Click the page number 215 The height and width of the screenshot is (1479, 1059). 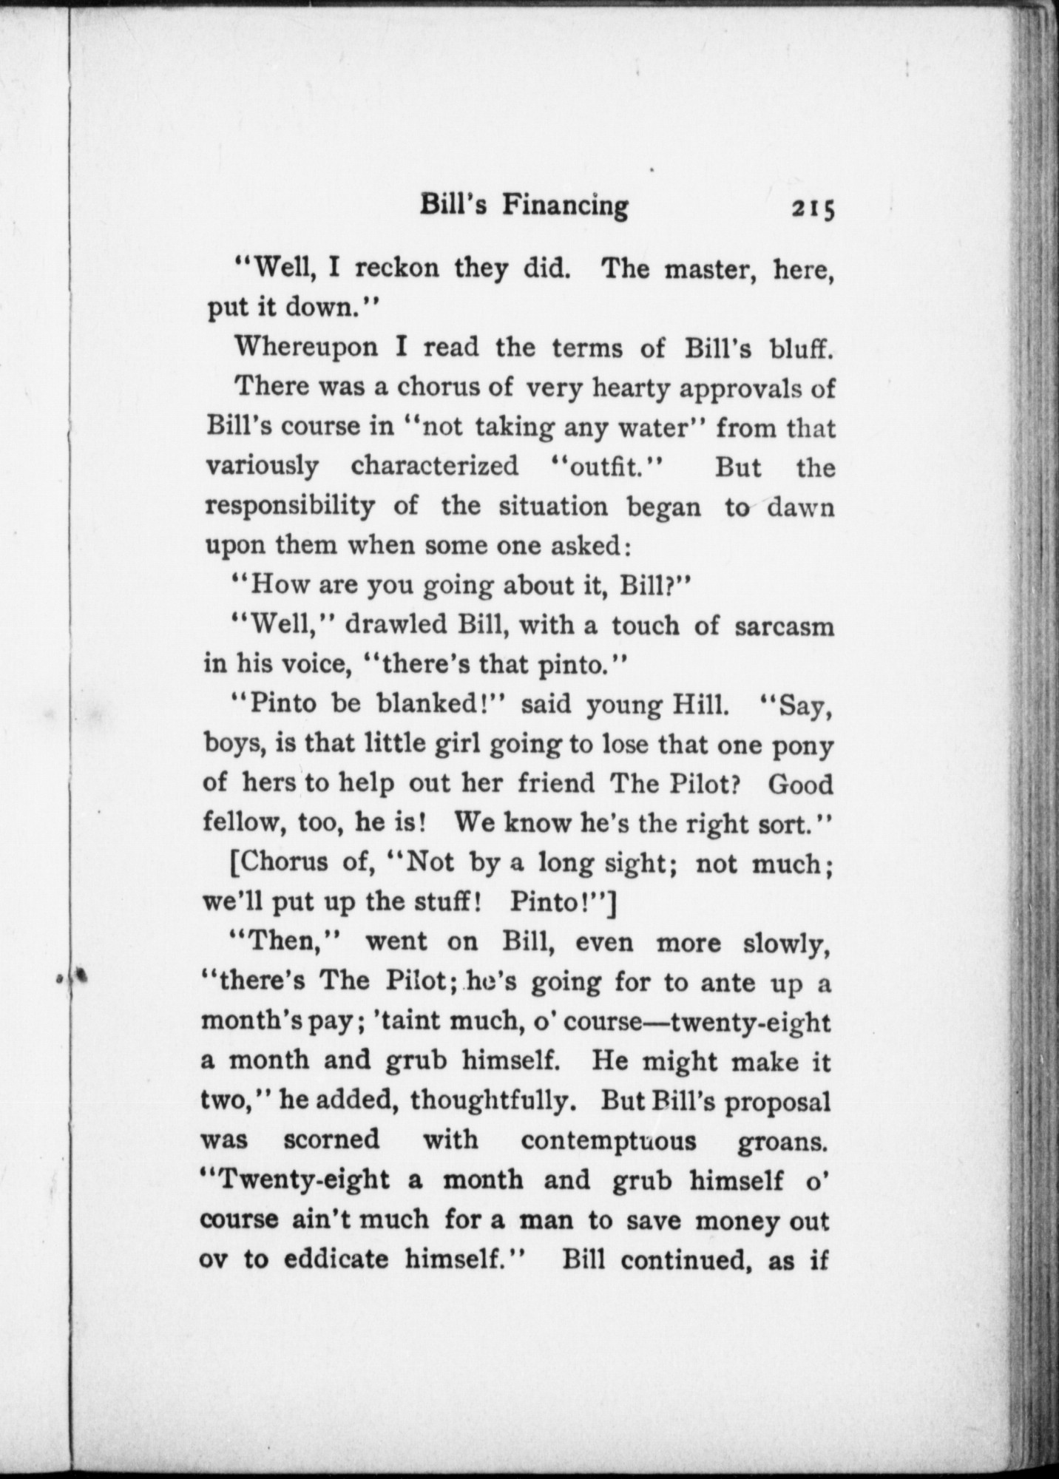[813, 209]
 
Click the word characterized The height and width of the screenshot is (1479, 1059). [435, 467]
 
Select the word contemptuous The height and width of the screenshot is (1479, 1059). [609, 1140]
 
